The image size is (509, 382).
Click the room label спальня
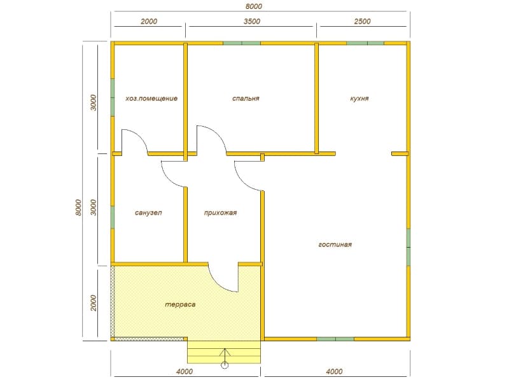[x=246, y=99]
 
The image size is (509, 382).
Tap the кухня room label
[x=359, y=99]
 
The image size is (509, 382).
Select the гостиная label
[x=335, y=244]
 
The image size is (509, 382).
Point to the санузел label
[x=148, y=213]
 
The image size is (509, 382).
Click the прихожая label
[x=220, y=213]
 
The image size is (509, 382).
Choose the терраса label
[x=180, y=305]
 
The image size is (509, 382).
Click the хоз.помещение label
[x=151, y=99]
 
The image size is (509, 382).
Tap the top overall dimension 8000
[x=254, y=6]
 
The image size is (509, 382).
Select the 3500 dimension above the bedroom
[x=252, y=21]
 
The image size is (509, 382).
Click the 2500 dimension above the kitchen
[x=362, y=21]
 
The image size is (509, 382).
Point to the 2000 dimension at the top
[x=149, y=21]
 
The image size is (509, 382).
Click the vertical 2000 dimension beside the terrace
[x=94, y=303]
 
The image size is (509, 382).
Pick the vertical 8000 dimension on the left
[x=78, y=208]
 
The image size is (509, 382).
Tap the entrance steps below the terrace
[x=224, y=352]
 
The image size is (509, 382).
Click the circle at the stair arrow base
[x=225, y=365]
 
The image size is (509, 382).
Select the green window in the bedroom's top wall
[x=242, y=43]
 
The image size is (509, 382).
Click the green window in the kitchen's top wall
[x=365, y=43]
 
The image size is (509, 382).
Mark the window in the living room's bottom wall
[x=335, y=339]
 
